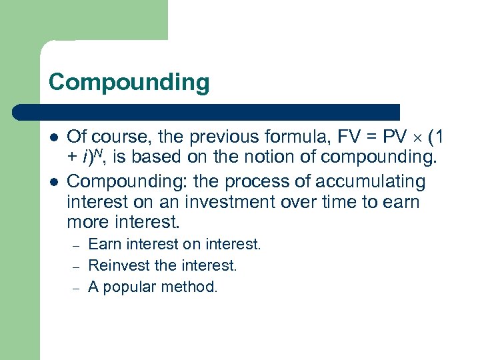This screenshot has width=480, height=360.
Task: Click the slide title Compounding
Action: click(x=129, y=83)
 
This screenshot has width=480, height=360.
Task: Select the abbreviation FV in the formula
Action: click(x=349, y=137)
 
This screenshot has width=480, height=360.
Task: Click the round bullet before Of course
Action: click(x=53, y=137)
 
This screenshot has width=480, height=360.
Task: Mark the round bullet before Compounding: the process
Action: click(x=53, y=181)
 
